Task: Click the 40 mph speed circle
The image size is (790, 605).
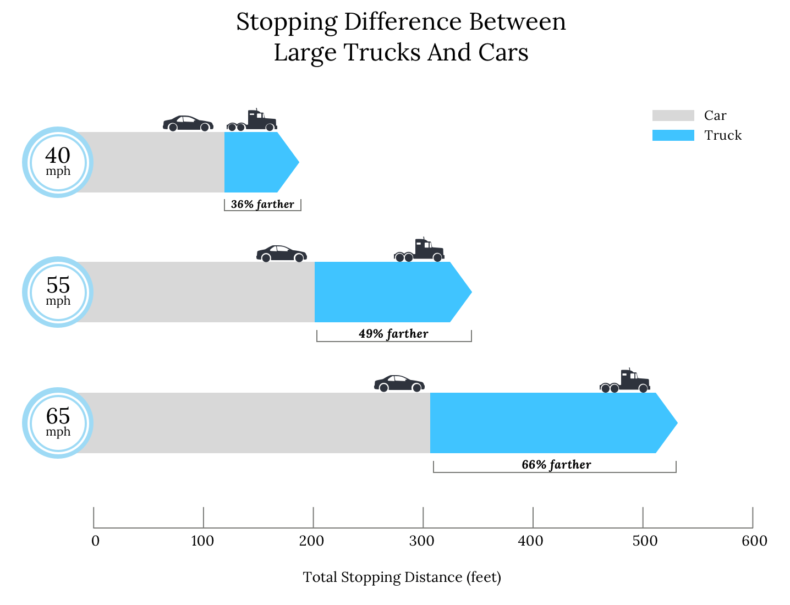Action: coord(58,162)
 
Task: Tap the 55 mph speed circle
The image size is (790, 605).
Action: coord(58,292)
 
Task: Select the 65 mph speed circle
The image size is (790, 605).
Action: coord(58,423)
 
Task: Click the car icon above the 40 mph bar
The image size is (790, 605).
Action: coord(188,123)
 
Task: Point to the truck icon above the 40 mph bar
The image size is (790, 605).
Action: coord(252,120)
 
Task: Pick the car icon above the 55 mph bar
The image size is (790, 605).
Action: coord(282,254)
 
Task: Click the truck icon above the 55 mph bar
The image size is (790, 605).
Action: coord(419,250)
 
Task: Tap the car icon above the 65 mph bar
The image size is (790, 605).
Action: coord(399,383)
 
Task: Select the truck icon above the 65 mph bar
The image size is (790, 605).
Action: coord(625,381)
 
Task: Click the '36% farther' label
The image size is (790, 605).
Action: coord(262,204)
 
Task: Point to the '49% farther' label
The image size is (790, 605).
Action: coord(393,334)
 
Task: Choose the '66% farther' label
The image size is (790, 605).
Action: coord(556,465)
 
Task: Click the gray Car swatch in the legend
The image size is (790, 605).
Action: coord(673,116)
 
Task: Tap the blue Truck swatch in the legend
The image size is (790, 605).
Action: coord(673,135)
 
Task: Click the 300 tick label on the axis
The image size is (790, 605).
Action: coord(423,541)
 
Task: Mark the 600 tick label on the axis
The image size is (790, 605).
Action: coord(754,541)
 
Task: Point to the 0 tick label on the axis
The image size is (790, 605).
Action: coord(96,541)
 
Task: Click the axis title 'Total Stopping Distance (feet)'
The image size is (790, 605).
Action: coord(402,577)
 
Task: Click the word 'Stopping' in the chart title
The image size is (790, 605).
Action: coord(287,22)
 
